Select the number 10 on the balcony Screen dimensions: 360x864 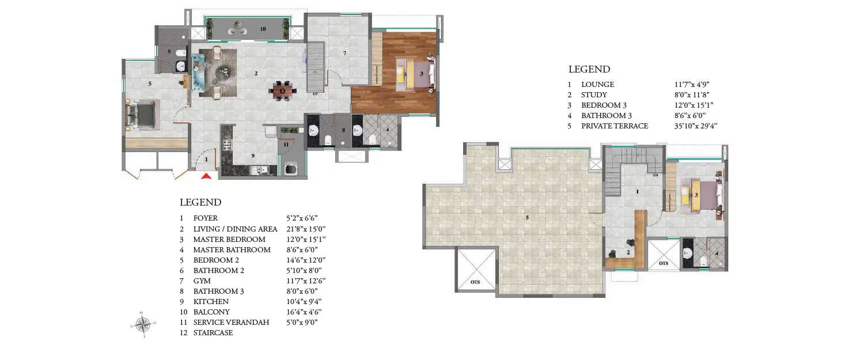pos(263,28)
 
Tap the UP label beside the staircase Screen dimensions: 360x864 pos(315,93)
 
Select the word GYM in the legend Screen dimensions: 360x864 pos(202,281)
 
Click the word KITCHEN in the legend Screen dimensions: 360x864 pos(211,302)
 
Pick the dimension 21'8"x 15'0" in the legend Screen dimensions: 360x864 pos(306,229)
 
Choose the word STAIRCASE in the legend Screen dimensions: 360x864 pos(213,333)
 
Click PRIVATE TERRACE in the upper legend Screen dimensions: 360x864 pos(615,126)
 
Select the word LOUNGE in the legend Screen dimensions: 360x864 pos(597,85)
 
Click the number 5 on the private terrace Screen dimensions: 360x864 pos(526,217)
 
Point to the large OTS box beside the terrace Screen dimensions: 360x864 pos(475,268)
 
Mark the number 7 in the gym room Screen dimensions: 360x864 pos(344,54)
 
